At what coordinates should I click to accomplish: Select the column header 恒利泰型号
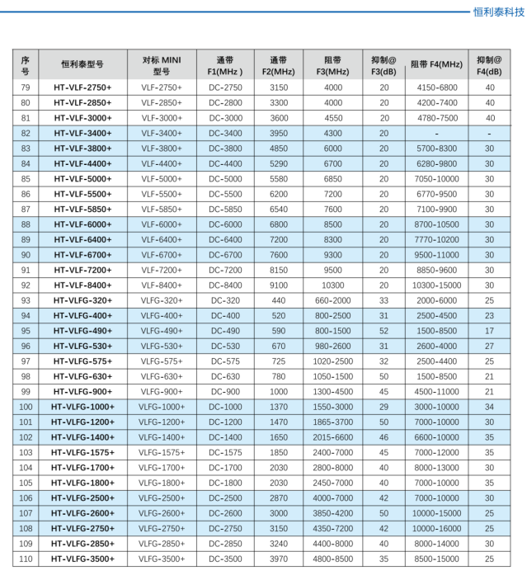point(82,64)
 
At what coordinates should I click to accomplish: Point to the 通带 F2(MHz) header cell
point(279,64)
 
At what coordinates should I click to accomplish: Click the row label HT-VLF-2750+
point(82,87)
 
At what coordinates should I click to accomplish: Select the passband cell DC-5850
point(226,209)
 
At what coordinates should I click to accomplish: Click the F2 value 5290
point(279,163)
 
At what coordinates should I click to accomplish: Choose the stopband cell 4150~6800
point(436,87)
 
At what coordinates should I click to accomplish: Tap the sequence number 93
point(25,300)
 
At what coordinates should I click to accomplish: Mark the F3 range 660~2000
point(332,300)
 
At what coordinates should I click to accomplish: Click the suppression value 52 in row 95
point(383,331)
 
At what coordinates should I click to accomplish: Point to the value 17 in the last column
point(489,331)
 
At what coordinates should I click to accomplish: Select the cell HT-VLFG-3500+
point(82,559)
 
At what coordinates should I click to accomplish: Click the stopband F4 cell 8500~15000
point(436,559)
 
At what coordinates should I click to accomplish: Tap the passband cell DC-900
point(226,391)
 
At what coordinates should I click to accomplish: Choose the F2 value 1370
point(279,407)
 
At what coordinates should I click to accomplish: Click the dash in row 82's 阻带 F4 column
point(436,133)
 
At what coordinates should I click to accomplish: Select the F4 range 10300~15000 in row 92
point(436,285)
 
